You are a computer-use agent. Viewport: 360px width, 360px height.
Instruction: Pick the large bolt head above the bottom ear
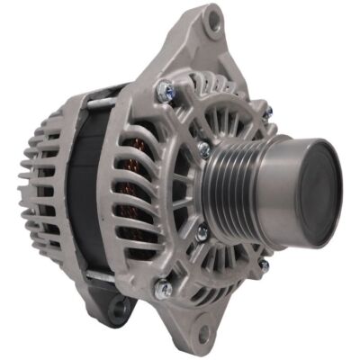(165, 287)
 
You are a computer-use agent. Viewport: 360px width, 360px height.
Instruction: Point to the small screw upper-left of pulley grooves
(204, 149)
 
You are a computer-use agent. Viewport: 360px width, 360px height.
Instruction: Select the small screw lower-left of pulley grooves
(202, 232)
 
